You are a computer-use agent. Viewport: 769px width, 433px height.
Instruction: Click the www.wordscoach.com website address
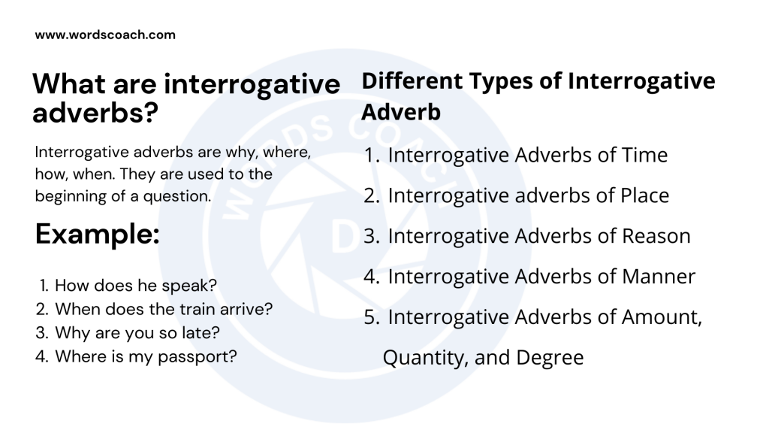coord(105,35)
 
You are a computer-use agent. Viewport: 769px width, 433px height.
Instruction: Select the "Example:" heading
coord(97,235)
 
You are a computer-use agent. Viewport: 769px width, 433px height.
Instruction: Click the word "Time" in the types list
coord(644,155)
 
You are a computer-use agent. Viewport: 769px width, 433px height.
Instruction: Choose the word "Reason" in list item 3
coord(656,236)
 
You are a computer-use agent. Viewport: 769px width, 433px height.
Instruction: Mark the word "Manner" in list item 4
coord(659,277)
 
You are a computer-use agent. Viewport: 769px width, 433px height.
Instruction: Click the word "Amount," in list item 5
coord(662,317)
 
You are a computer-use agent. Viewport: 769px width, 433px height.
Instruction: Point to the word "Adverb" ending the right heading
coord(401,113)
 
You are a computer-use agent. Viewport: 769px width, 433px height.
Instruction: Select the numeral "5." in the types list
coord(372,317)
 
